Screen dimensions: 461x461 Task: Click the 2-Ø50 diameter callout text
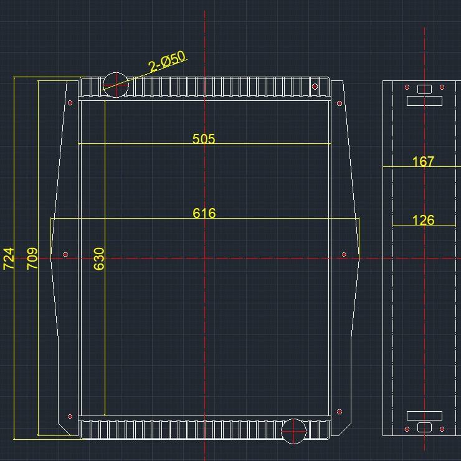point(168,62)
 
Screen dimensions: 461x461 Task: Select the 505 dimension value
point(204,138)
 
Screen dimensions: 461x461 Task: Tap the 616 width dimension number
point(204,213)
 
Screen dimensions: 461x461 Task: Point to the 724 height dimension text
point(9,258)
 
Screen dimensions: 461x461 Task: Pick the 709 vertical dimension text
point(32,258)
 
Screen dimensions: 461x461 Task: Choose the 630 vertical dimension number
point(99,258)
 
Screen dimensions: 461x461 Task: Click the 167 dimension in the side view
point(423,161)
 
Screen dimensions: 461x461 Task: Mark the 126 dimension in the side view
point(423,220)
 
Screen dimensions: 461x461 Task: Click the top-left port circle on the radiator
point(115,85)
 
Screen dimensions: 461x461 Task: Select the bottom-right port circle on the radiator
point(293,431)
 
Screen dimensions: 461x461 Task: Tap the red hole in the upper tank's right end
point(315,87)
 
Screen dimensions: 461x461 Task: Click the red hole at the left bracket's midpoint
point(65,254)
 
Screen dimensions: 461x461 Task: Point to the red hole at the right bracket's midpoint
point(344,254)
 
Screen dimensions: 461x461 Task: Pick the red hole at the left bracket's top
point(70,103)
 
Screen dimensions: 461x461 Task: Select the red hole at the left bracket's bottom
point(70,416)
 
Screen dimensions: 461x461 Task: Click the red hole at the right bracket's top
point(340,103)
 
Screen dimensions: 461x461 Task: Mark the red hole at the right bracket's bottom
point(340,412)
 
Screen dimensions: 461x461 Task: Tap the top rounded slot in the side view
point(424,89)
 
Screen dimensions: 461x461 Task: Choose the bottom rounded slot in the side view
point(424,427)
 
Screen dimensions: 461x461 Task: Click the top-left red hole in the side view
point(407,87)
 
